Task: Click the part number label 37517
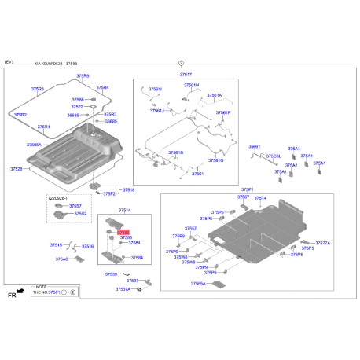[186, 73]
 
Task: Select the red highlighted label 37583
[123, 232]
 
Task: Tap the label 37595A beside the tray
[34, 145]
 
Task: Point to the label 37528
[17, 168]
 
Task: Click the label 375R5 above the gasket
[83, 76]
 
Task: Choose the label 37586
[78, 100]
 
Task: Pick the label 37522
[77, 107]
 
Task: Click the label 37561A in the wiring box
[214, 95]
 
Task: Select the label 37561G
[216, 160]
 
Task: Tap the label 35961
[255, 146]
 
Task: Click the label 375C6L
[274, 156]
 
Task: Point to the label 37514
[125, 211]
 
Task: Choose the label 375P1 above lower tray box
[247, 189]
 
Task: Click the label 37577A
[322, 244]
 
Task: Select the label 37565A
[199, 283]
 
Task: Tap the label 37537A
[123, 289]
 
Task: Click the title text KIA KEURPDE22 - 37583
[57, 65]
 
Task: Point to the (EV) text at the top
[9, 61]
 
